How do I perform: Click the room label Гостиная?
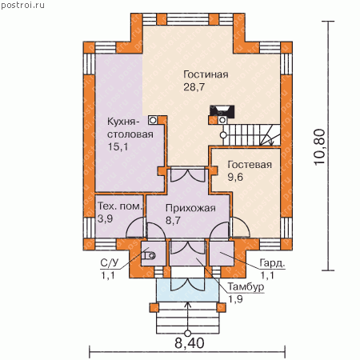point(206,74)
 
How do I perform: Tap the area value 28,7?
point(194,87)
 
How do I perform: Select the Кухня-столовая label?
point(130,128)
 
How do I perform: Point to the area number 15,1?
point(118,146)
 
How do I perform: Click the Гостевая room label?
point(250,165)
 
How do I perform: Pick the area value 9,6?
point(235,177)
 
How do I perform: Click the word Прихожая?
point(190,208)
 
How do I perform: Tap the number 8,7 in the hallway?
point(173,221)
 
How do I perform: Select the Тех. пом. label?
point(120,206)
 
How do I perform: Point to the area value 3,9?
point(105,218)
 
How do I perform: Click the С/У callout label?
point(110,263)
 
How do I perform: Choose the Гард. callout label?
point(272,263)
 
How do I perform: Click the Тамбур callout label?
point(246,287)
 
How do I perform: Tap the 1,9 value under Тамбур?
point(235,299)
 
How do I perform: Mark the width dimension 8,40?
point(190,343)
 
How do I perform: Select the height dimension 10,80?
point(319,147)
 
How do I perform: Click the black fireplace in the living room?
point(222,111)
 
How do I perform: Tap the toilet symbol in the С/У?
point(148,256)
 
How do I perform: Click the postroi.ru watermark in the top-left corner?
point(22,6)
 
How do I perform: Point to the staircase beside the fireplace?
point(251,135)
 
